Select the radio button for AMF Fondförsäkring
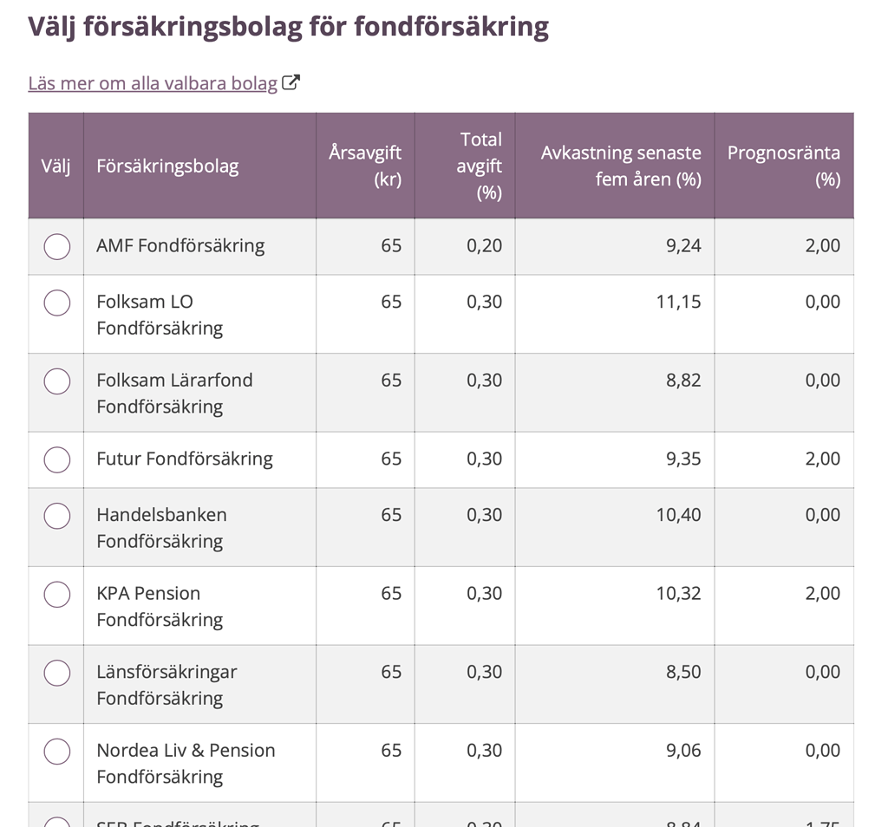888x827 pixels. coord(57,246)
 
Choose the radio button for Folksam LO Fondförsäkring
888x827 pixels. coord(57,303)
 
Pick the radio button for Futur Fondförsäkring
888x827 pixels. coord(57,459)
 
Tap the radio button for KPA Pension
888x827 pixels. coord(57,594)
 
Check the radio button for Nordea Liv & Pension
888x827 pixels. coord(57,751)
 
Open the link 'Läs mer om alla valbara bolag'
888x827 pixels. coord(153,83)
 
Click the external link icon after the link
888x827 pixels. coord(291,83)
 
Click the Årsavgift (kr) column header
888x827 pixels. coord(365,166)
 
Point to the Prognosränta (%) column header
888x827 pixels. coord(783,166)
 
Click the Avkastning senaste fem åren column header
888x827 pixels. coord(621,166)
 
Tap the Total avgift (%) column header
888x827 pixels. coord(480,166)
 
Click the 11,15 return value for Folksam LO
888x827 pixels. coord(679,302)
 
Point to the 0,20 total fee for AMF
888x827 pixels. coord(484,245)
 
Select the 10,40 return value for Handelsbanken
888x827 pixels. coord(678,515)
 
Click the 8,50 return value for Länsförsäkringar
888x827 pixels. coord(683,672)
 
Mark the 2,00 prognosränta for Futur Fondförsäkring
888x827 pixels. coord(822,459)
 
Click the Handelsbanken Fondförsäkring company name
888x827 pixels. coord(161,528)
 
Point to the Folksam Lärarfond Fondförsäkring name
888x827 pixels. coord(174,393)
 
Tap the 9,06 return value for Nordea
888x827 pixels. coord(683,751)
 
